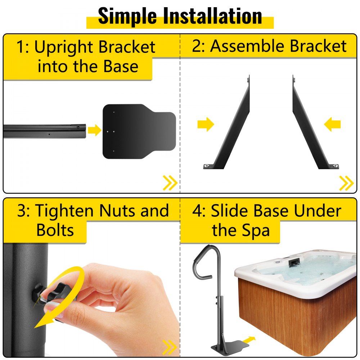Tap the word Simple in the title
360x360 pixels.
pos(127,16)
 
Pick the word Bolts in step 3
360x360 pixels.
pos(55,230)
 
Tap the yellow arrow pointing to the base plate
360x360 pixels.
pos(94,130)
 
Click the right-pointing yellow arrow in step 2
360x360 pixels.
pos(206,124)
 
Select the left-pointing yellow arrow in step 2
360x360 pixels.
pos(332,124)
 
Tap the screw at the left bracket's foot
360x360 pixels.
pos(207,166)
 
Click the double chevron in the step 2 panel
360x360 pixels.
pos(346,183)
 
